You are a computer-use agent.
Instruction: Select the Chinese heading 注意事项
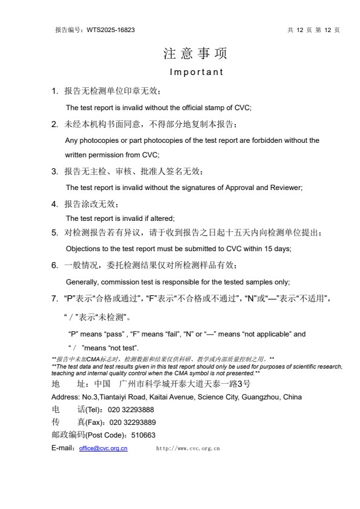[x=195, y=54]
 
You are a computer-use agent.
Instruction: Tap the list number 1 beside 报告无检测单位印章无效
[x=54, y=92]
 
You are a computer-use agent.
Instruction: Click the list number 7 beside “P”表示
[x=54, y=299]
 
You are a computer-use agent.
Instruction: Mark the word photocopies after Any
[x=96, y=140]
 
